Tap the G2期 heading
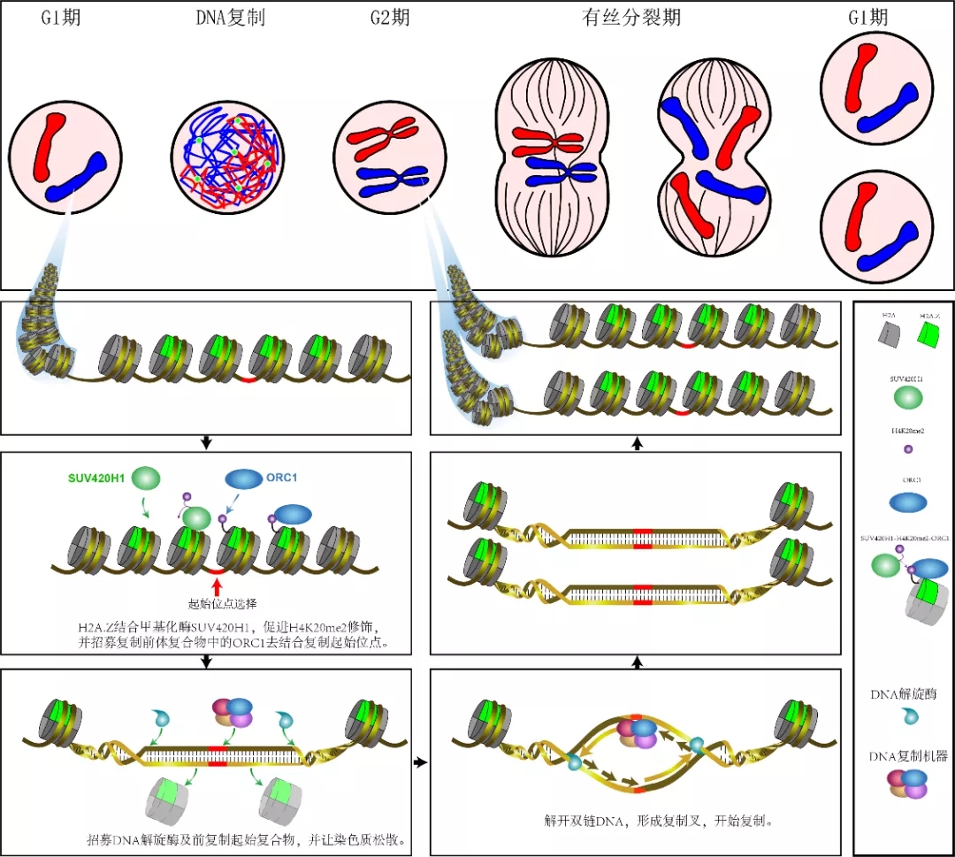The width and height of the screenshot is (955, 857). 390,17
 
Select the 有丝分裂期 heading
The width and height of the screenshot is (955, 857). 631,17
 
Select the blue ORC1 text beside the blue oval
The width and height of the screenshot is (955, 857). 281,478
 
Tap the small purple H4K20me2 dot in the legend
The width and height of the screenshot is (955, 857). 907,450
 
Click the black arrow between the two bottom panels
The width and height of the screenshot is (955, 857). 420,761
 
